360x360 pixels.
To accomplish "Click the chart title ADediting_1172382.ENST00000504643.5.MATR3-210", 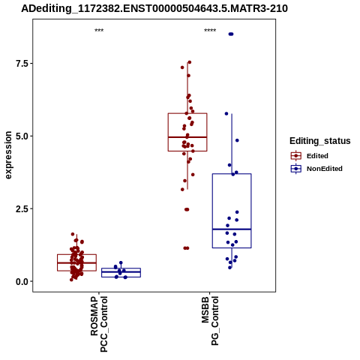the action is coord(154,9).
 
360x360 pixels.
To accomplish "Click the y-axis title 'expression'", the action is coord(8,155).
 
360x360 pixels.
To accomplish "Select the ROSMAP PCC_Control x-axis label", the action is coord(99,324).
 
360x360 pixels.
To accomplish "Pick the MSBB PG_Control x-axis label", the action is coord(210,321).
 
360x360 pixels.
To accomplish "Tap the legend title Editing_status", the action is coord(320,141).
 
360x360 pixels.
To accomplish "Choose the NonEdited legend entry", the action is coord(316,169).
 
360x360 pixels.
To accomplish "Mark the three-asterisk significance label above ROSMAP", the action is coord(99,31).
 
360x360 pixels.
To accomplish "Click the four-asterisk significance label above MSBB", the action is coord(210,31).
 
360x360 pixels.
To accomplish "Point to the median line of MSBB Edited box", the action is coord(187,137).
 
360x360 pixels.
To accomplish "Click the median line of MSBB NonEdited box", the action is coord(232,229).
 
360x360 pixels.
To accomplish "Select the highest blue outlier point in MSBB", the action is coord(231,34).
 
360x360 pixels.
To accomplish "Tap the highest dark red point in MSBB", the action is coord(190,62).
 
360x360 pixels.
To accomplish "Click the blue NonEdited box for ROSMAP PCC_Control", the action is coord(121,272).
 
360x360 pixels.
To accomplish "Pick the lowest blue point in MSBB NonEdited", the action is coord(229,268).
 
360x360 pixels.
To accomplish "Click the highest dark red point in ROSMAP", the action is coord(73,234).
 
